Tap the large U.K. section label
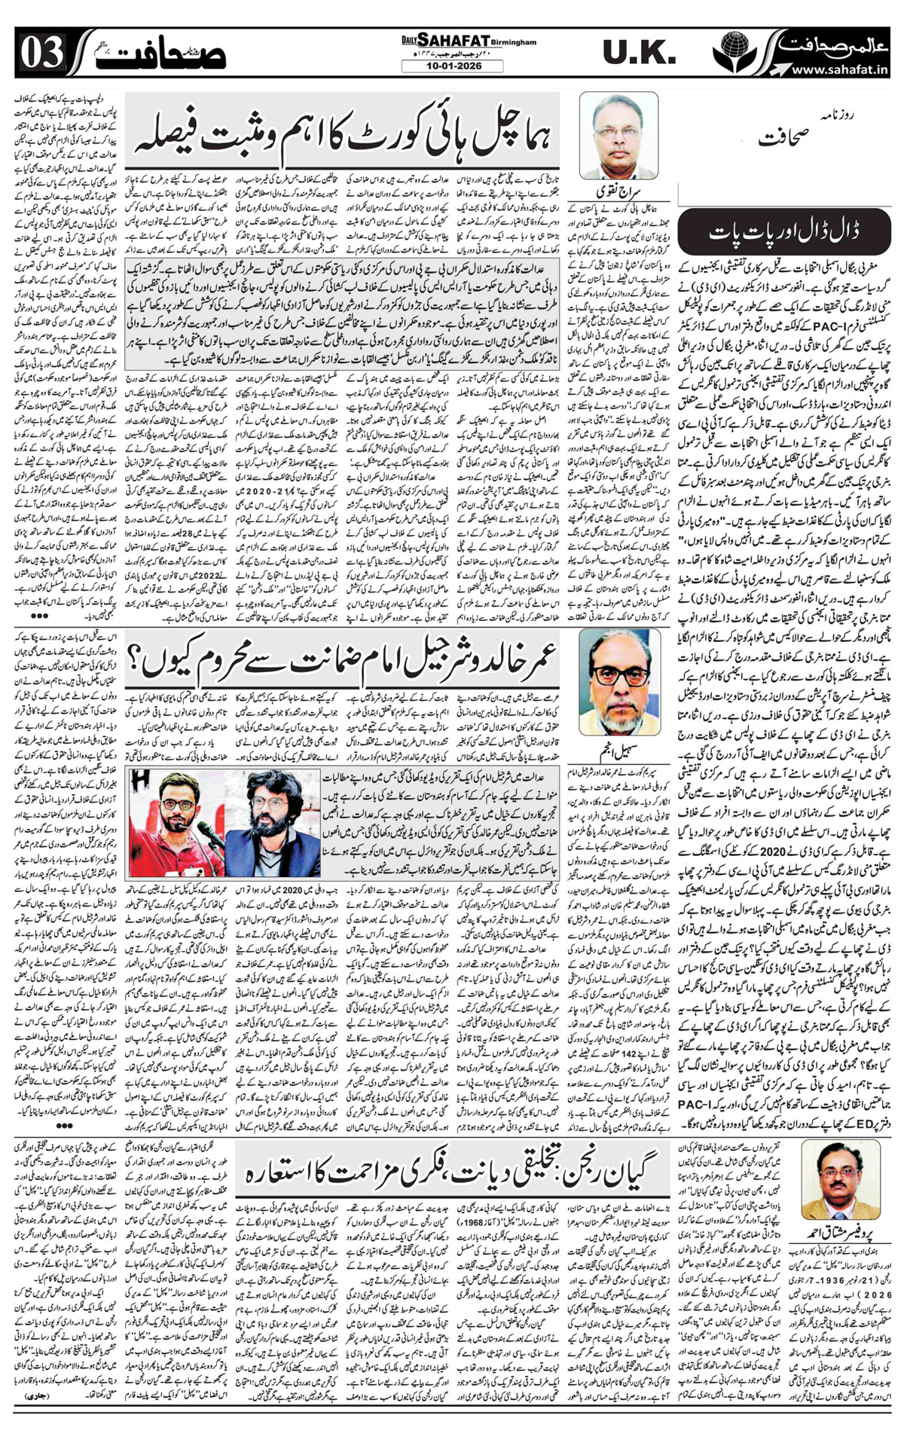tap(638, 54)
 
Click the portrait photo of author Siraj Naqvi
tap(618, 135)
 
